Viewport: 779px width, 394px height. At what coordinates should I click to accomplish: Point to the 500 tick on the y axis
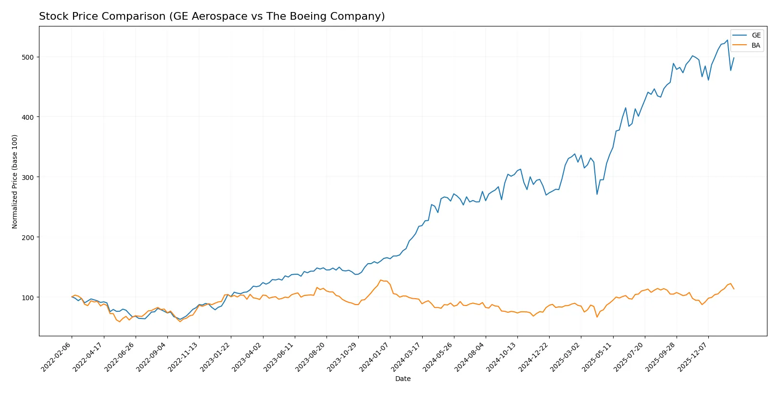click(x=28, y=57)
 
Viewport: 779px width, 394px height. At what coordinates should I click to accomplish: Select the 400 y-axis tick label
click(x=28, y=117)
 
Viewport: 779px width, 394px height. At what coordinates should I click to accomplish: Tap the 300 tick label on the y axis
click(x=28, y=177)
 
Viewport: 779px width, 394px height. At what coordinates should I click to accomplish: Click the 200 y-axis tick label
click(x=28, y=237)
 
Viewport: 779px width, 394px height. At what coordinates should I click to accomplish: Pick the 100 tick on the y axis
click(x=28, y=297)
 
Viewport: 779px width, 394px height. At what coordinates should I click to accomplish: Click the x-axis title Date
click(x=402, y=379)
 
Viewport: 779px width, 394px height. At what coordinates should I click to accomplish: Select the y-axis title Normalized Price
click(x=14, y=181)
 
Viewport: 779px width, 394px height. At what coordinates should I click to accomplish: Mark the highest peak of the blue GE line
click(x=727, y=40)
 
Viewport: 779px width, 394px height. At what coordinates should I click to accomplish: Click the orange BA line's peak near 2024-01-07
click(x=380, y=280)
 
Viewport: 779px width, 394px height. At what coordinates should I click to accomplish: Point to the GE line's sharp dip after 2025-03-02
click(x=597, y=194)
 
